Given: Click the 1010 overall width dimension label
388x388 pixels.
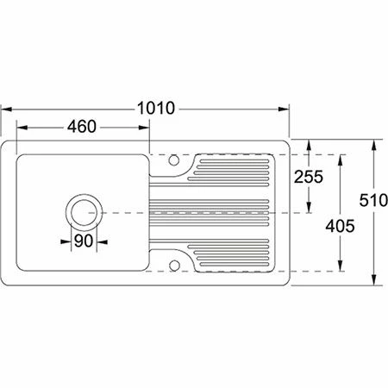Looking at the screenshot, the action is coord(156,109).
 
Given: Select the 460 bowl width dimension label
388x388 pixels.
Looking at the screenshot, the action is coord(82,127).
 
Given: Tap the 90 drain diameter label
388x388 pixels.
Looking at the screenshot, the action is coord(84,241).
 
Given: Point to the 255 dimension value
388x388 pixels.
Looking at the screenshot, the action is coord(309,177).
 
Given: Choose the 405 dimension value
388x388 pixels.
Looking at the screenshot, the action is coord(340,226).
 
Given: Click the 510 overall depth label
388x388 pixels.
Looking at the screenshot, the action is coord(373,200).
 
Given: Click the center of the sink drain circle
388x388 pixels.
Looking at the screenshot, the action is coord(84,213).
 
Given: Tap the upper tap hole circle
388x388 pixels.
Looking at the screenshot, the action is coord(173,160).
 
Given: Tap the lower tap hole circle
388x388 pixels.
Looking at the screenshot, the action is coord(173,266).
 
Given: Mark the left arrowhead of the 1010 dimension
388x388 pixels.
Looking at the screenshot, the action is coord(6,110).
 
